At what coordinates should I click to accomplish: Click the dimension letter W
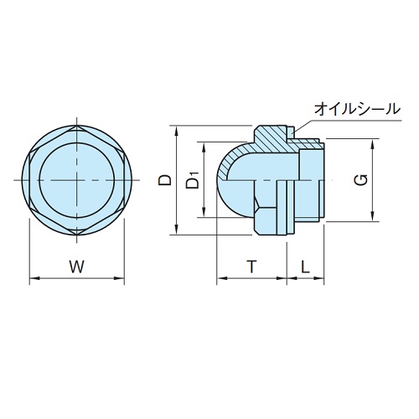pyautogui.click(x=77, y=267)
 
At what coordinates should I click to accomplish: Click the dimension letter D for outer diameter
pyautogui.click(x=166, y=179)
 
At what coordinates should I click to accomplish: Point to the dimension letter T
pyautogui.click(x=251, y=266)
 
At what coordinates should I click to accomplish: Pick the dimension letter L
pyautogui.click(x=306, y=266)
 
